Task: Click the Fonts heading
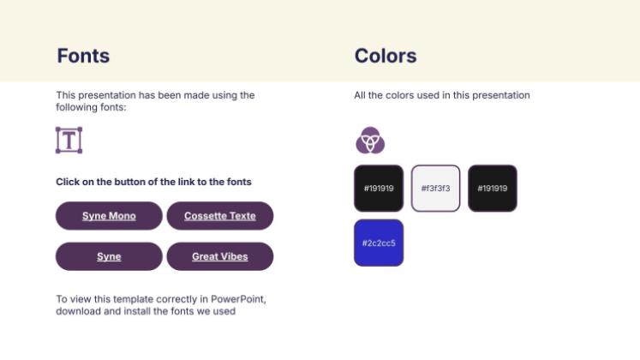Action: (x=83, y=57)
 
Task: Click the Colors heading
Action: (x=386, y=57)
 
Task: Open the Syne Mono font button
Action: (x=109, y=216)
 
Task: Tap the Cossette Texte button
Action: (x=220, y=216)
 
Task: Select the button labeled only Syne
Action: (x=109, y=256)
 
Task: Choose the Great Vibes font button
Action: (x=220, y=256)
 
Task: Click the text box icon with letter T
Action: (x=69, y=140)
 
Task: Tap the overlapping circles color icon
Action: (x=370, y=140)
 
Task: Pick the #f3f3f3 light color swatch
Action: (x=435, y=189)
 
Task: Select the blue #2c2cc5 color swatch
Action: (x=379, y=243)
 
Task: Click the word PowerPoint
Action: (x=239, y=299)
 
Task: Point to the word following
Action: (x=78, y=107)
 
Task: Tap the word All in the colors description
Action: (x=361, y=95)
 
